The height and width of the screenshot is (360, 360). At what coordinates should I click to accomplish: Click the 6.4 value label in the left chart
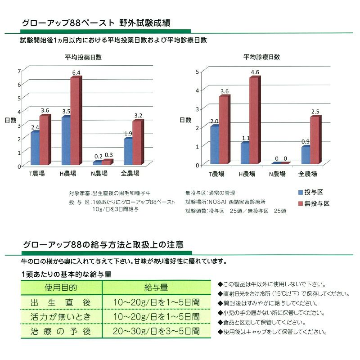(x=76, y=72)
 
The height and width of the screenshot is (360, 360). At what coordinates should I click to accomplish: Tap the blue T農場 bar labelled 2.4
(x=35, y=148)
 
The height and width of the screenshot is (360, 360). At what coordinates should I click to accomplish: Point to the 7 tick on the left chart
(x=19, y=71)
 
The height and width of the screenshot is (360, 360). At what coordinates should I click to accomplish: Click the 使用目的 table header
(x=61, y=287)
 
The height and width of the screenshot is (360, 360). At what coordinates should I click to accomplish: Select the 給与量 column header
(x=156, y=287)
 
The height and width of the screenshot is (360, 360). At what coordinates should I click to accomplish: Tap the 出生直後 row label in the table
(x=61, y=302)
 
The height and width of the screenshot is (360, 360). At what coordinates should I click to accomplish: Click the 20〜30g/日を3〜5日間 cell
(x=156, y=332)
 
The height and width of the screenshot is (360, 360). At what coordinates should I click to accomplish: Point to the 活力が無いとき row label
(x=61, y=317)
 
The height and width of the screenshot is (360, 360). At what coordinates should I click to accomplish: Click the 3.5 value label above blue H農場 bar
(x=66, y=111)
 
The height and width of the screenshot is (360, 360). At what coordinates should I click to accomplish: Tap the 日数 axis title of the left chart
(x=10, y=120)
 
